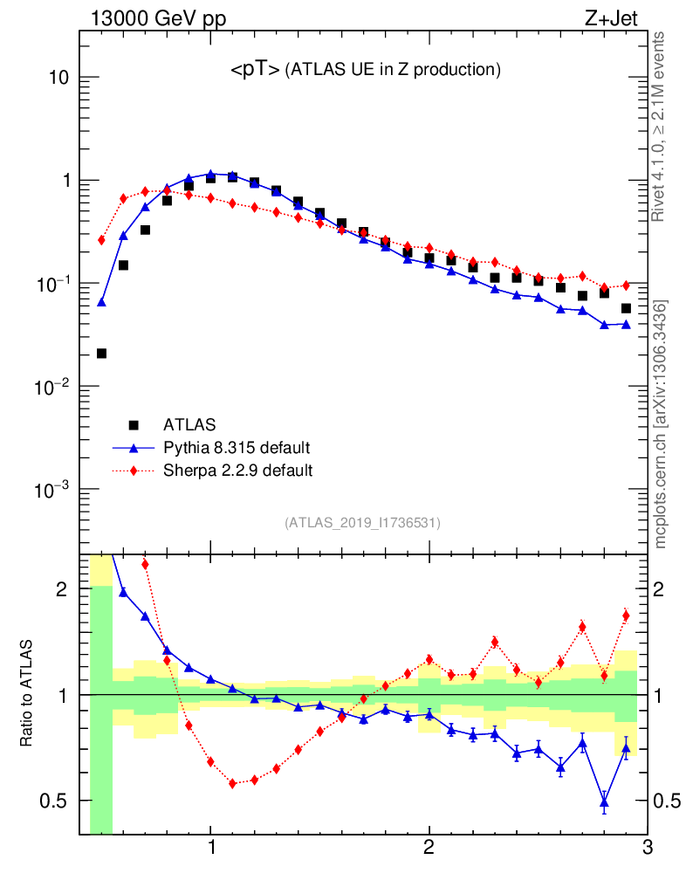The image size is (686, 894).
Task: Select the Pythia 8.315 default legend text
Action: tap(237, 448)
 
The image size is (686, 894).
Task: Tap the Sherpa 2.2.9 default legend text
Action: tap(237, 471)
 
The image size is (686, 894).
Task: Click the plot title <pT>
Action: tap(255, 71)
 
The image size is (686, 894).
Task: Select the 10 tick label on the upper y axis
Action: tap(58, 78)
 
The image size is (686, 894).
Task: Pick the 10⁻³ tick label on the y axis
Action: tap(52, 490)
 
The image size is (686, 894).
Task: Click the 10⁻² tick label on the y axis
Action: tap(52, 387)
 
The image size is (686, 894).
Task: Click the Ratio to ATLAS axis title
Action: tap(28, 693)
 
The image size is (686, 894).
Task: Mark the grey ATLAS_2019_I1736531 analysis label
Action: tap(362, 523)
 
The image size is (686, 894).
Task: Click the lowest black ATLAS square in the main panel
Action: tap(101, 354)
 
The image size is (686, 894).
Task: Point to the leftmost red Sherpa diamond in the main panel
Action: tap(101, 239)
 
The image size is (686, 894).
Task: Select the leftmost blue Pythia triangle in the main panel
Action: tap(101, 302)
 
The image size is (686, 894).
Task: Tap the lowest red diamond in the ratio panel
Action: tap(232, 784)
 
